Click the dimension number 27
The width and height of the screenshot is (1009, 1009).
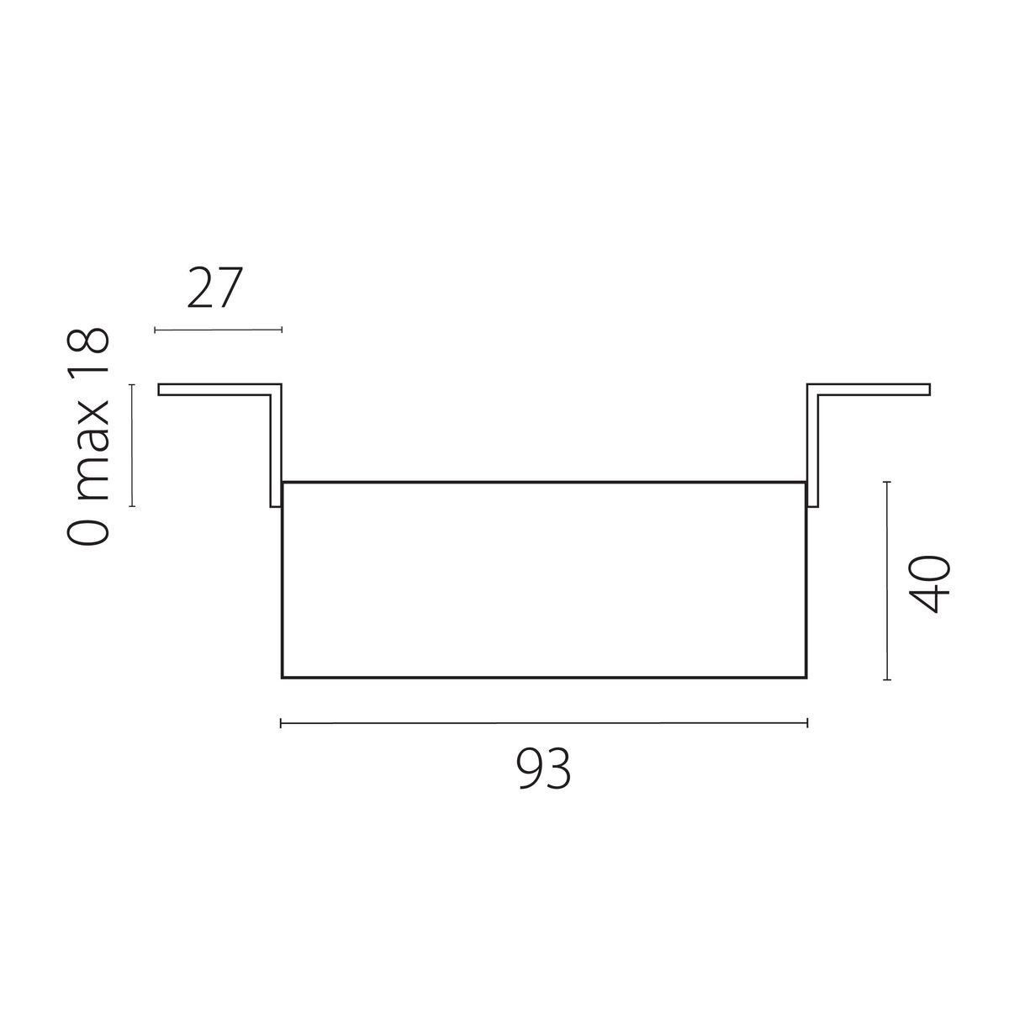pyautogui.click(x=214, y=289)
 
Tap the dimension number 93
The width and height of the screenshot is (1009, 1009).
pyautogui.click(x=544, y=769)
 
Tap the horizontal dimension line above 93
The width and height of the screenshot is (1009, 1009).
pyautogui.click(x=544, y=722)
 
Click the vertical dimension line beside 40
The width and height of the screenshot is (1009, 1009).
pyautogui.click(x=888, y=580)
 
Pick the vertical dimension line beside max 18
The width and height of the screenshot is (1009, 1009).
pyautogui.click(x=132, y=446)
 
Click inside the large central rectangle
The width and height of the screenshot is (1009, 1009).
pyautogui.click(x=544, y=580)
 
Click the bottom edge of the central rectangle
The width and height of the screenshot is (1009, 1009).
pyautogui.click(x=544, y=677)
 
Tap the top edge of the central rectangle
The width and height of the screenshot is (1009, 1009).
pyautogui.click(x=544, y=482)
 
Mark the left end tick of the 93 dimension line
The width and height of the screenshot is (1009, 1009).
pyautogui.click(x=281, y=722)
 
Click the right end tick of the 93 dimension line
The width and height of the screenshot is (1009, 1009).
pyautogui.click(x=807, y=722)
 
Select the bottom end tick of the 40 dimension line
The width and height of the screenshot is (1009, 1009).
pyautogui.click(x=888, y=679)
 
